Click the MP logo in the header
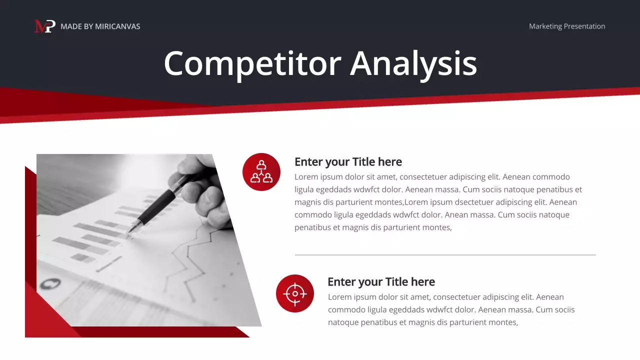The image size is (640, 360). click(x=44, y=26)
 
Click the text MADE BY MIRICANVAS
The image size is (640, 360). click(x=100, y=26)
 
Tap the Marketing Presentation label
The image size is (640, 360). click(x=567, y=26)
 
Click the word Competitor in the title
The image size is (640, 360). click(x=252, y=64)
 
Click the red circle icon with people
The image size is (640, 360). click(x=261, y=172)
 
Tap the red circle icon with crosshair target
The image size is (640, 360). click(x=295, y=293)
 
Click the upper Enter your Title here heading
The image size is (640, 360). click(x=348, y=162)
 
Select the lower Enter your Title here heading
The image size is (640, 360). click(x=381, y=282)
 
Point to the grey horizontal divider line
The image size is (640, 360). click(x=445, y=255)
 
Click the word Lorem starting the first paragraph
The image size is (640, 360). click(x=305, y=177)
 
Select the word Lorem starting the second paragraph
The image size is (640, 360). click(x=339, y=297)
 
